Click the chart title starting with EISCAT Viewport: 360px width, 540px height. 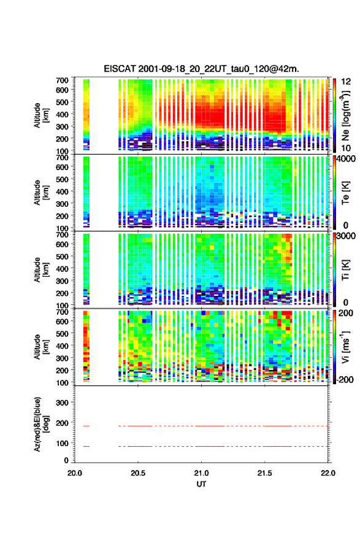point(201,69)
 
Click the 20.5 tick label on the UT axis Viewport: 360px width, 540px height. point(138,473)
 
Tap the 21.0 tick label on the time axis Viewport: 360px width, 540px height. point(201,473)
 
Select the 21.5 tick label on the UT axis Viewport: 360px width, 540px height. point(265,473)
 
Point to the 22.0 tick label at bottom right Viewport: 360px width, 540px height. point(328,473)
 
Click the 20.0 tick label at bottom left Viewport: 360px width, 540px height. point(75,473)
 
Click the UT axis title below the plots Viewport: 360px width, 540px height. point(201,484)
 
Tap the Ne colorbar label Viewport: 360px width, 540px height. point(345,115)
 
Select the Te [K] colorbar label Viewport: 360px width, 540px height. point(345,193)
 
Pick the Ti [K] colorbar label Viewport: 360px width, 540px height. point(345,270)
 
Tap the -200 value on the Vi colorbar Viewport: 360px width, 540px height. point(344,379)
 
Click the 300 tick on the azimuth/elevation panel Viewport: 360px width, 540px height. point(63,403)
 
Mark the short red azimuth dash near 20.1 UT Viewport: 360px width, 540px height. point(86,426)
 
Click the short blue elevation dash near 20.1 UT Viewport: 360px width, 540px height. point(86,446)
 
